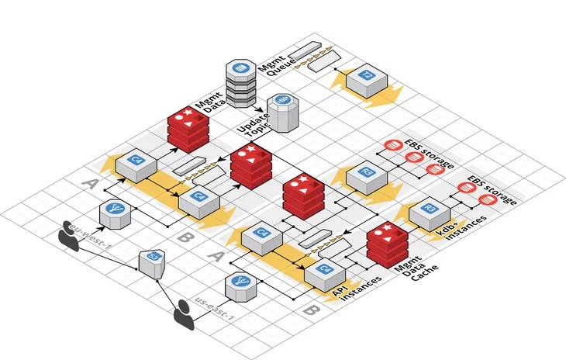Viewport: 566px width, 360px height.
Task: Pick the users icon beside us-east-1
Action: (184, 314)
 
